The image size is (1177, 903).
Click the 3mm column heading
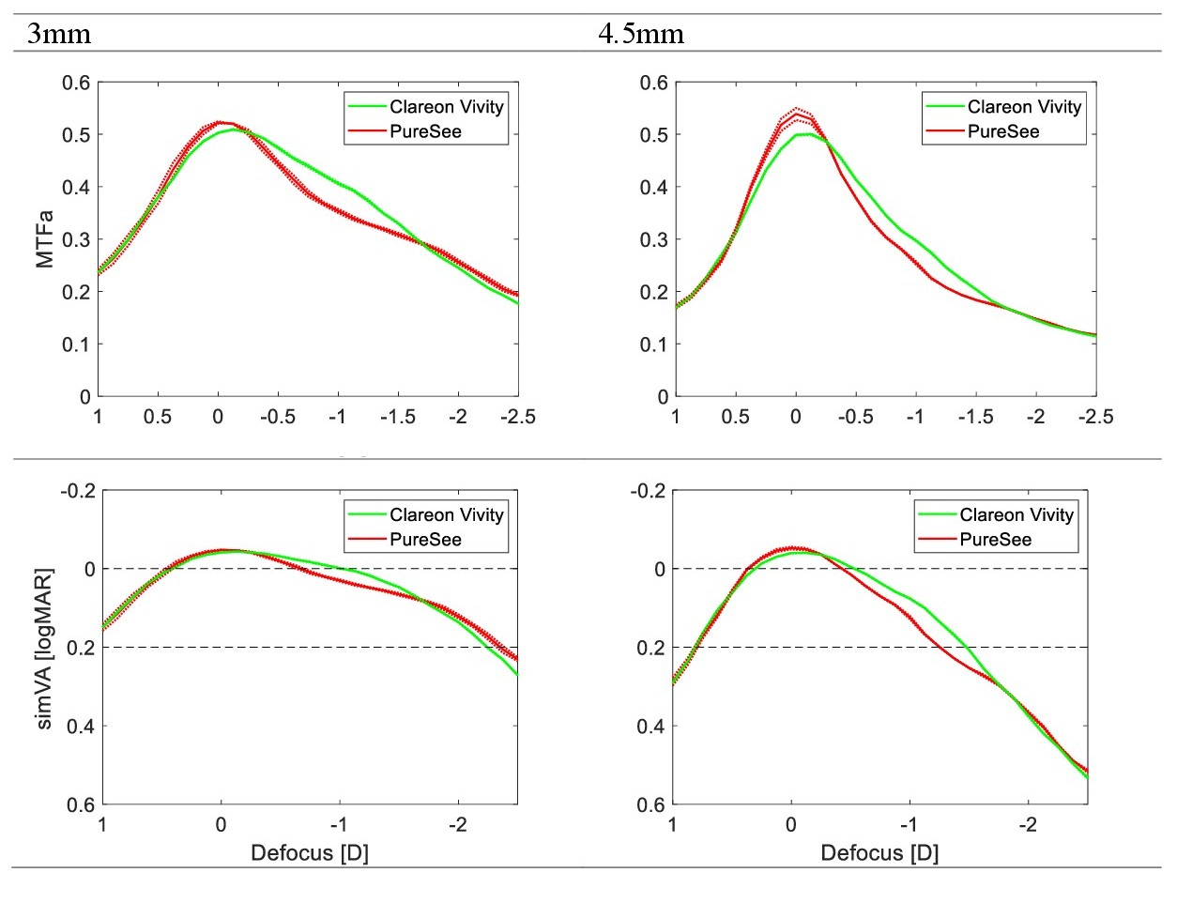coord(59,35)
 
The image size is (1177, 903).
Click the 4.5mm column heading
coord(641,35)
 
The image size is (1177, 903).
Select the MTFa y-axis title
coord(45,239)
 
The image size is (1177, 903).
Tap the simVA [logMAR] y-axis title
coord(45,648)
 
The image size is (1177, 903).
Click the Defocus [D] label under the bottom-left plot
coord(310,853)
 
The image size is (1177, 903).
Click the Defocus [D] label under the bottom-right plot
coord(879,853)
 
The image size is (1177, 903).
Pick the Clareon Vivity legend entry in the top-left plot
coord(446,107)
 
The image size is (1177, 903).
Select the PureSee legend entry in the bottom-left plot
coord(425,540)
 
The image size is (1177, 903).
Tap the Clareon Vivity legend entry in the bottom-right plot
coord(1016,514)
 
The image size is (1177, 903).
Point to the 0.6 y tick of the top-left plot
coord(76,83)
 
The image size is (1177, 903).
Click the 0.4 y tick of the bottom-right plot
coord(650,726)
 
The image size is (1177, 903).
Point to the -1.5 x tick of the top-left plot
coord(398,417)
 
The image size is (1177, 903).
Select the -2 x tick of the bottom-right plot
coord(1028,825)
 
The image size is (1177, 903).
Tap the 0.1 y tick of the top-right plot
coord(653,344)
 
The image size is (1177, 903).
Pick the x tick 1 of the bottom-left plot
coord(102,825)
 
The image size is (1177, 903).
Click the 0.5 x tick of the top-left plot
coord(158,417)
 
